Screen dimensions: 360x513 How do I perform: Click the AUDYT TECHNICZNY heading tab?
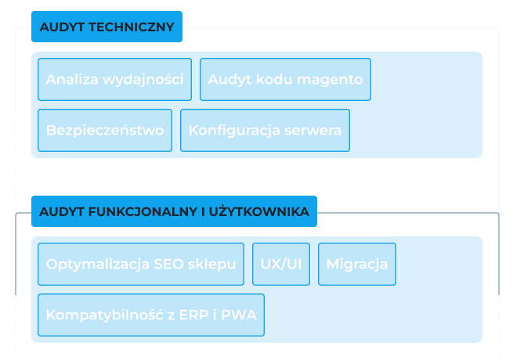point(107,27)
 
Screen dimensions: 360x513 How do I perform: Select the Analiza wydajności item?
point(114,80)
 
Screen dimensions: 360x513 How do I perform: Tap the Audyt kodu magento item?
point(285,80)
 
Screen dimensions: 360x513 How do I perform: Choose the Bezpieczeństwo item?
point(105,131)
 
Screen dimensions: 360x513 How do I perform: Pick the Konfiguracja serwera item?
point(265,131)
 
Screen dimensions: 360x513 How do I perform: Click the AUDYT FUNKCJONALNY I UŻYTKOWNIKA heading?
point(174,211)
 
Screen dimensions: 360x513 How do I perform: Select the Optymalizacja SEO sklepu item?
point(141,265)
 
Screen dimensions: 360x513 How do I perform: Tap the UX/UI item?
point(280,265)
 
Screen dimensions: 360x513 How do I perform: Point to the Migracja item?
point(357,265)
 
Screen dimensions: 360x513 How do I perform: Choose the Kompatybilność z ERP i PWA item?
point(151,315)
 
